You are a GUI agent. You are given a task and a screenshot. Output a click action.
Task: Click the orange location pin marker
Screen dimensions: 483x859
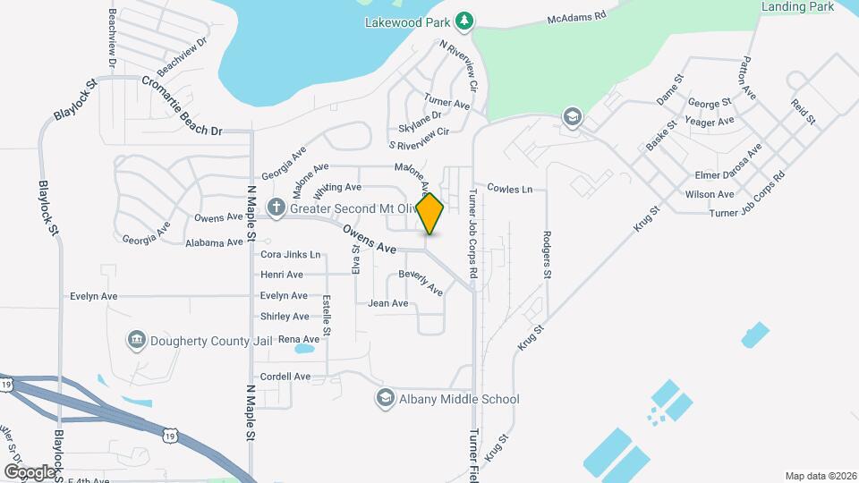429,213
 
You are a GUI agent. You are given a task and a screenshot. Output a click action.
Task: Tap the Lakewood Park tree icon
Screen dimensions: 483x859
464,20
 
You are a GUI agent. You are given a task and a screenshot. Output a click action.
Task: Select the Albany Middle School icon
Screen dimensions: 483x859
386,399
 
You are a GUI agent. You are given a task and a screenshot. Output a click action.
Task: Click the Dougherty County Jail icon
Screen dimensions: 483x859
136,339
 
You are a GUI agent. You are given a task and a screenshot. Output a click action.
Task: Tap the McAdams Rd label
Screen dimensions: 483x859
577,16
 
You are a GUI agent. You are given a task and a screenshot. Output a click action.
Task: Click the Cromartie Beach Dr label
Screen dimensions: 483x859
181,106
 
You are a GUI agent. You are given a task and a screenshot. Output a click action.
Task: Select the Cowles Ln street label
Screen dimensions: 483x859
509,189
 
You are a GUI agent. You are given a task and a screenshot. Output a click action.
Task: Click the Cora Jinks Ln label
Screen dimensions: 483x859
290,254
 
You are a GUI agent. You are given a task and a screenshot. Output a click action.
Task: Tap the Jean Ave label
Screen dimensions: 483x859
388,304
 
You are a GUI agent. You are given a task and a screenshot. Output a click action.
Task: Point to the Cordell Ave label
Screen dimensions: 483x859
285,377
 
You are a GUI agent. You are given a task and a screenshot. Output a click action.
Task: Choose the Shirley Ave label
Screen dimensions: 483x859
285,317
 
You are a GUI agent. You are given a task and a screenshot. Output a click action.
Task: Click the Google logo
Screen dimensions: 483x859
30,471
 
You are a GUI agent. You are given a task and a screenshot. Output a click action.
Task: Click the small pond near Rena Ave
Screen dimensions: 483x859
302,350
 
